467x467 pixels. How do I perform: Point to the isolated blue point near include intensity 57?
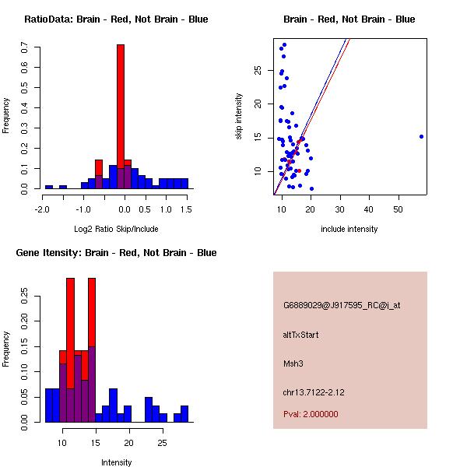tap(421, 136)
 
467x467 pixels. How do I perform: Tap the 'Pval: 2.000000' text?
tap(311, 414)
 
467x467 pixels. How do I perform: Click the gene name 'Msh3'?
tap(293, 363)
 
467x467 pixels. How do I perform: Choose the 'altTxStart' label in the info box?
tap(300, 335)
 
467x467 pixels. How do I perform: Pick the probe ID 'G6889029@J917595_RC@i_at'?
tap(342, 306)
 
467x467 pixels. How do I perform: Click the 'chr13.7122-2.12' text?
tap(314, 392)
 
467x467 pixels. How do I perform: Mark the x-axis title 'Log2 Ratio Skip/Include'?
tap(116, 229)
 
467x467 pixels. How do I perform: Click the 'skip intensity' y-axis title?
tap(240, 117)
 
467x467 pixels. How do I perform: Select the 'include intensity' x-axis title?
tap(349, 229)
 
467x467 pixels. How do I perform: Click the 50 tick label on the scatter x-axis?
tap(398, 209)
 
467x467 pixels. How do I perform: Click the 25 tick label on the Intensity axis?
tap(162, 442)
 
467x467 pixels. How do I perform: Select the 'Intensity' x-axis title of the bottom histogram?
tap(116, 462)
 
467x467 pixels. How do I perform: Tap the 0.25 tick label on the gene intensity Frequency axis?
tap(25, 296)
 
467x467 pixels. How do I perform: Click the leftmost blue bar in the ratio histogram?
tap(48, 187)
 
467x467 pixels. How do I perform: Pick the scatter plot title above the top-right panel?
tap(349, 19)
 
